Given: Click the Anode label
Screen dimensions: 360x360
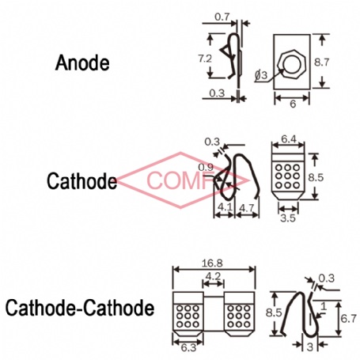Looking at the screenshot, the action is [82, 63].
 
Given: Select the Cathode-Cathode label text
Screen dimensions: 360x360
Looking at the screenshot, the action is [80, 308].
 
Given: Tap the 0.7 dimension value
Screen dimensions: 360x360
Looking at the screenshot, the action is [222, 17].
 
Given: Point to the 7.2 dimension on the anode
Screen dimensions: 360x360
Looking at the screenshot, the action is [205, 59].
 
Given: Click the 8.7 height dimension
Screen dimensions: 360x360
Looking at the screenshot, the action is [322, 63].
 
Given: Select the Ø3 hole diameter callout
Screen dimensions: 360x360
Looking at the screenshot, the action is [261, 76].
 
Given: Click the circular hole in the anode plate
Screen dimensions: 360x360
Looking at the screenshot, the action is [291, 64].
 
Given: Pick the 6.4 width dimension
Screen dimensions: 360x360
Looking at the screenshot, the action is [289, 139].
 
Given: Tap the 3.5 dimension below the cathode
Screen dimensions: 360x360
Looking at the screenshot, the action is [288, 218].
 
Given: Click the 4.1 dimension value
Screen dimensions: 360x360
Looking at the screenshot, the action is [224, 207].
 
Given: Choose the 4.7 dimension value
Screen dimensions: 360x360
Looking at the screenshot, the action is [247, 208].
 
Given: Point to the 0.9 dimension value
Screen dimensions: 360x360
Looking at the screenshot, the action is [206, 167].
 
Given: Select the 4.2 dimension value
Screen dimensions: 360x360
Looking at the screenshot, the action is [213, 276].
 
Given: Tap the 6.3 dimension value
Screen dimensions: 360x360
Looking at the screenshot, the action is [188, 348].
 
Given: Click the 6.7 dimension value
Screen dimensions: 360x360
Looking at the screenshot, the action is [349, 319].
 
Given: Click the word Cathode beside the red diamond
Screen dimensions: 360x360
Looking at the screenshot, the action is [81, 180].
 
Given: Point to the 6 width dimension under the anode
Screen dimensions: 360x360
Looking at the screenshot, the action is [293, 104].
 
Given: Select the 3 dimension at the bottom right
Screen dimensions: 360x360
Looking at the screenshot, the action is [310, 347].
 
